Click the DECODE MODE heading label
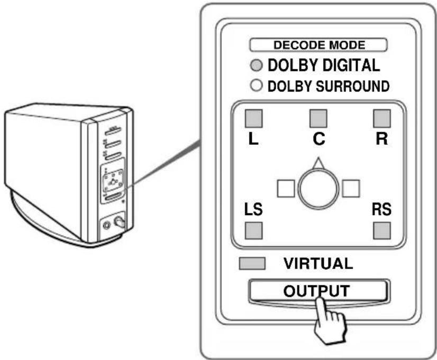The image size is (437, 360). click(318, 45)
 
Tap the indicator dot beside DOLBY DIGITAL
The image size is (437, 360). click(257, 66)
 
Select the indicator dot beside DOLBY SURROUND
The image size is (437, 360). click(257, 86)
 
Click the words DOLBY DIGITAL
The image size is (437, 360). click(324, 66)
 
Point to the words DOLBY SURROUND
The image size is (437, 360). click(327, 86)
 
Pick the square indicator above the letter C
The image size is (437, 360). click(318, 117)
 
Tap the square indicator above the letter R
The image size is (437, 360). click(381, 117)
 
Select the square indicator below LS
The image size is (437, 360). click(254, 230)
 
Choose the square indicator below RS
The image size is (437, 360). click(381, 230)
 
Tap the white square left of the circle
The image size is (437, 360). click(286, 188)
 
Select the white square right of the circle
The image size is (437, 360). click(351, 188)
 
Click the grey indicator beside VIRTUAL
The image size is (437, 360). click(252, 263)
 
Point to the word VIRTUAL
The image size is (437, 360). click(318, 263)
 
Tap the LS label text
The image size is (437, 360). click(252, 210)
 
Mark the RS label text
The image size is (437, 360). click(381, 210)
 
